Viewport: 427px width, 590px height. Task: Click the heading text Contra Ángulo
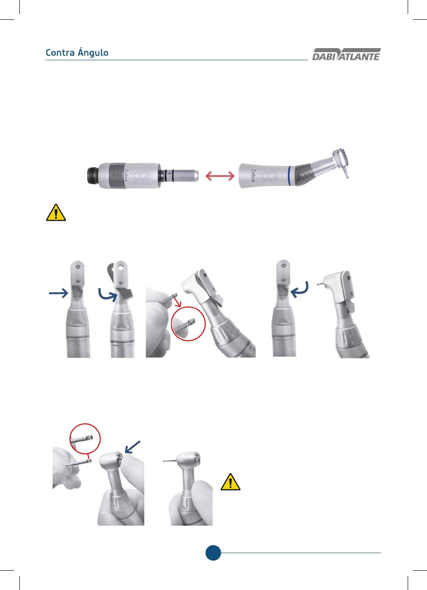(77, 53)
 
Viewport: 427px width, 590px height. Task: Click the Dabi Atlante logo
(347, 54)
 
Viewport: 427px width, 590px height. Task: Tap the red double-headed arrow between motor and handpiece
(220, 176)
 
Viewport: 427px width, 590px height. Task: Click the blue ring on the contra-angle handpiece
(289, 176)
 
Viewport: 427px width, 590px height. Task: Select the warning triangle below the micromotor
(56, 212)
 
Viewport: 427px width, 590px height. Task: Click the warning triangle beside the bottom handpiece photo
(230, 482)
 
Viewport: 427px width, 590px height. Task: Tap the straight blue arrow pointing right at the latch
(58, 293)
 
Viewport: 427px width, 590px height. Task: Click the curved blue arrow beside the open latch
(107, 295)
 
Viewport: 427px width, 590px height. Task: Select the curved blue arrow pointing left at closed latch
(300, 290)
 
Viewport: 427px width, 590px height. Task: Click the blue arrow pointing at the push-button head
(133, 447)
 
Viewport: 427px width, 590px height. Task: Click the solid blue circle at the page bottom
(213, 553)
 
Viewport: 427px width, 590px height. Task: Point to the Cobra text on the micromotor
(126, 175)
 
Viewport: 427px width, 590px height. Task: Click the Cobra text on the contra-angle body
(253, 175)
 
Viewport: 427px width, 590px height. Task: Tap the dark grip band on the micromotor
(117, 176)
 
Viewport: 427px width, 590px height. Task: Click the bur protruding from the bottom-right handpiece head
(170, 460)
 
